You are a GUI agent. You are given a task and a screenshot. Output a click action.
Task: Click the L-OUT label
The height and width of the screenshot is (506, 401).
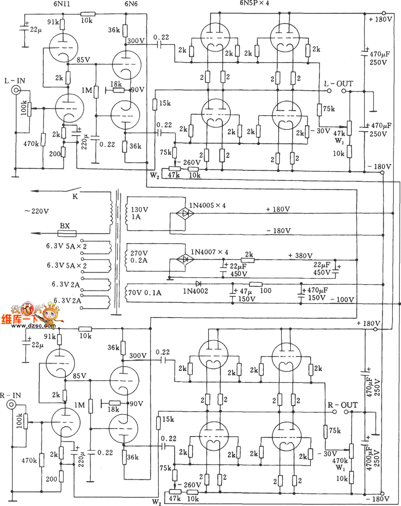338,84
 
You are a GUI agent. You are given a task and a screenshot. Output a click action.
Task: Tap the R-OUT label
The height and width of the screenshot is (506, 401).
342,405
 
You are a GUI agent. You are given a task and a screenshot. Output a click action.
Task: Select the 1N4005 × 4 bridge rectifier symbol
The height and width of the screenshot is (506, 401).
186,214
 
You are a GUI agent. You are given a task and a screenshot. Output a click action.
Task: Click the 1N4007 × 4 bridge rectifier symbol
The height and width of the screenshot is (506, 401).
185,260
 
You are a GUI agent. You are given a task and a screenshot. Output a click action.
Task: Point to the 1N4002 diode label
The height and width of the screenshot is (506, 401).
195,291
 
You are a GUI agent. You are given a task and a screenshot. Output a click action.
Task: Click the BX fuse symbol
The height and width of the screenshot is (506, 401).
64,233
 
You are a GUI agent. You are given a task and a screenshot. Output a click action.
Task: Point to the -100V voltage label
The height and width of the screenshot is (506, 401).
342,299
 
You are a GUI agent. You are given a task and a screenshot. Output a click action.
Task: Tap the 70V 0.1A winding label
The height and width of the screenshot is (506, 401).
144,293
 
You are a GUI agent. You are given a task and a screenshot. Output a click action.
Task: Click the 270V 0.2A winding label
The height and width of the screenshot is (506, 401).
139,257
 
